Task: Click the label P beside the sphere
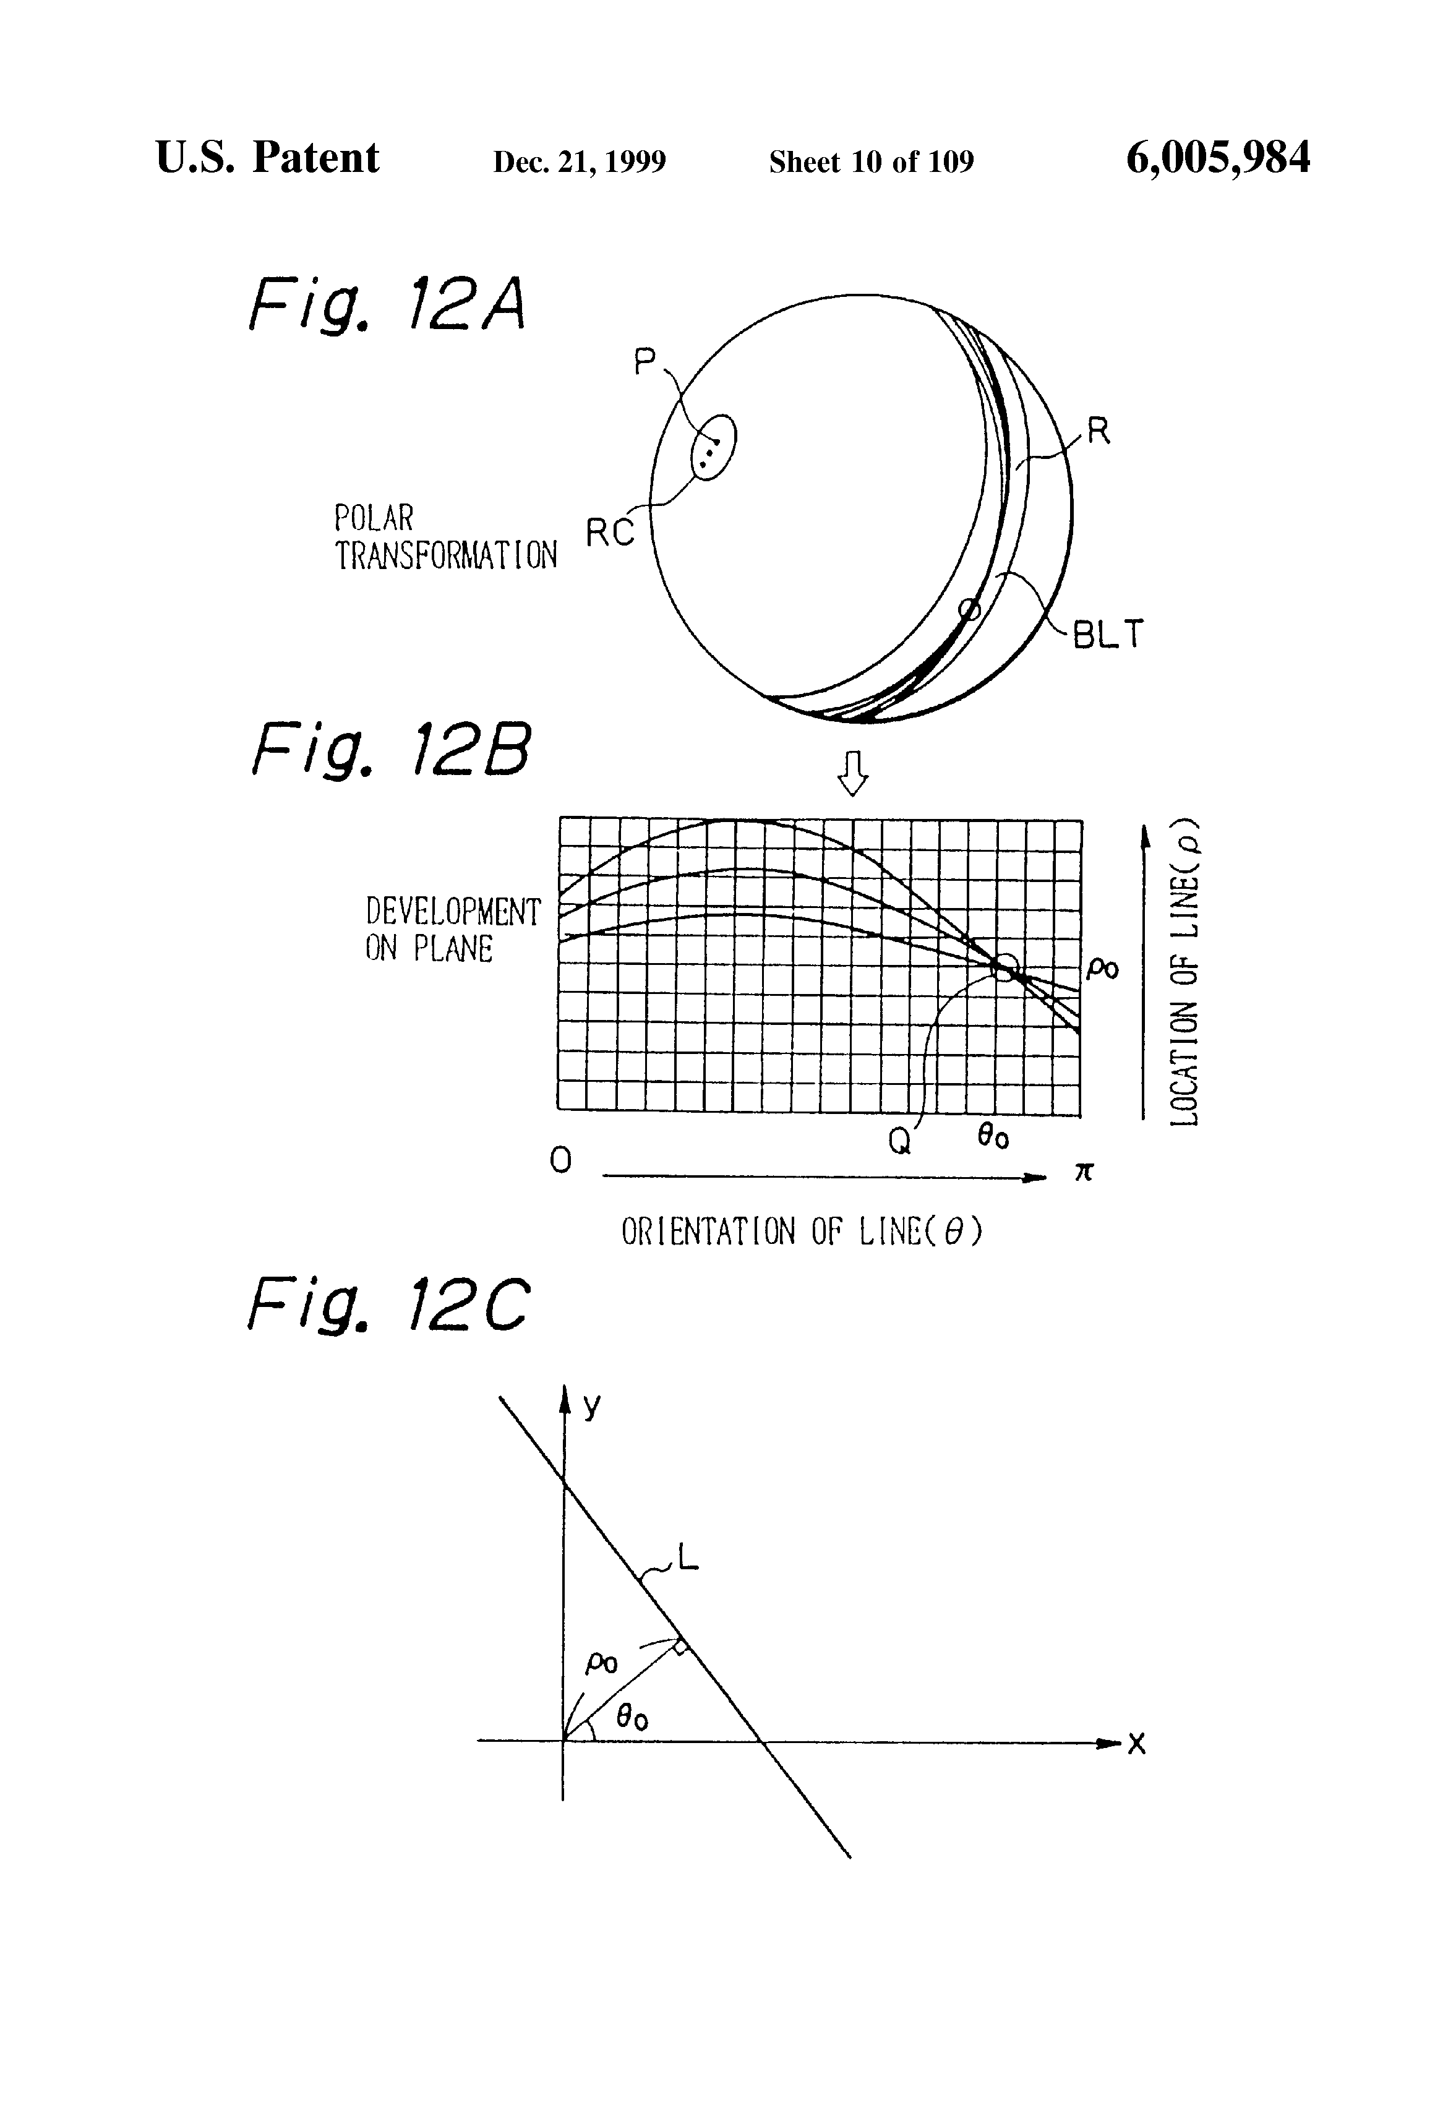pos(644,363)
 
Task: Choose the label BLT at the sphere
pos(1108,634)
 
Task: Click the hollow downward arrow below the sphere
pos(852,773)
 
